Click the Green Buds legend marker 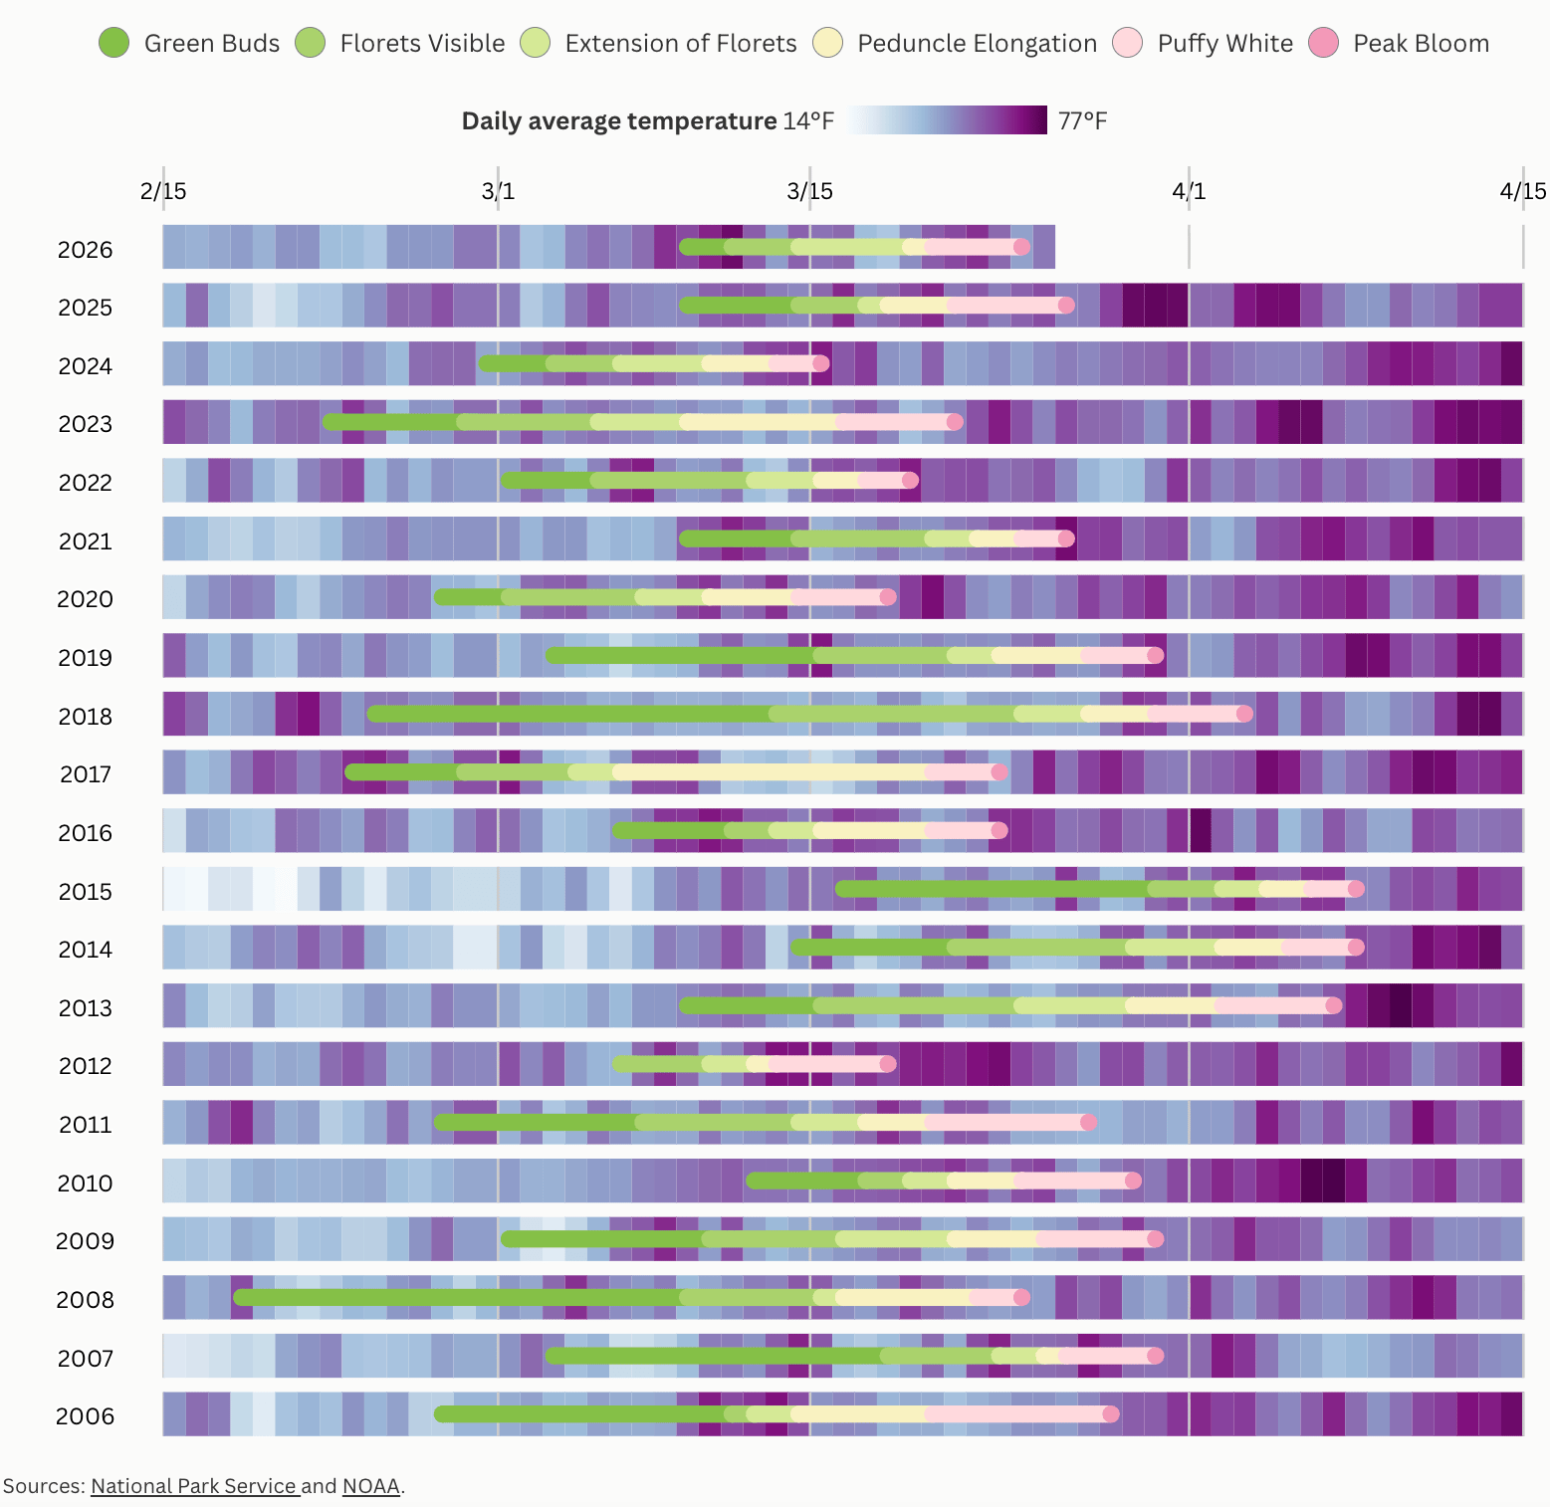pos(114,43)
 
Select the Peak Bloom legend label pos(1421,44)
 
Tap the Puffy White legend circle pos(1128,43)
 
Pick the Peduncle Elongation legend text pos(977,44)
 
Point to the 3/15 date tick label pos(809,191)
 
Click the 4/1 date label pos(1189,191)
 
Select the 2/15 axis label pos(163,191)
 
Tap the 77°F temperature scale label pos(1082,121)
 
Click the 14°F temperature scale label pos(808,121)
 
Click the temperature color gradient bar pos(948,120)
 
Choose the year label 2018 pos(86,717)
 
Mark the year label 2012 pos(86,1066)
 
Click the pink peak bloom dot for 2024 pos(820,363)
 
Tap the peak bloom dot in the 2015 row pos(1355,889)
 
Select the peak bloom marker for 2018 pos(1244,714)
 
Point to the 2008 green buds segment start pos(242,1297)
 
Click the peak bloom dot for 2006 pos(1111,1413)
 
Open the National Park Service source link pos(195,1486)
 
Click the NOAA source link pos(371,1486)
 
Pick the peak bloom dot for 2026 pos(1021,247)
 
